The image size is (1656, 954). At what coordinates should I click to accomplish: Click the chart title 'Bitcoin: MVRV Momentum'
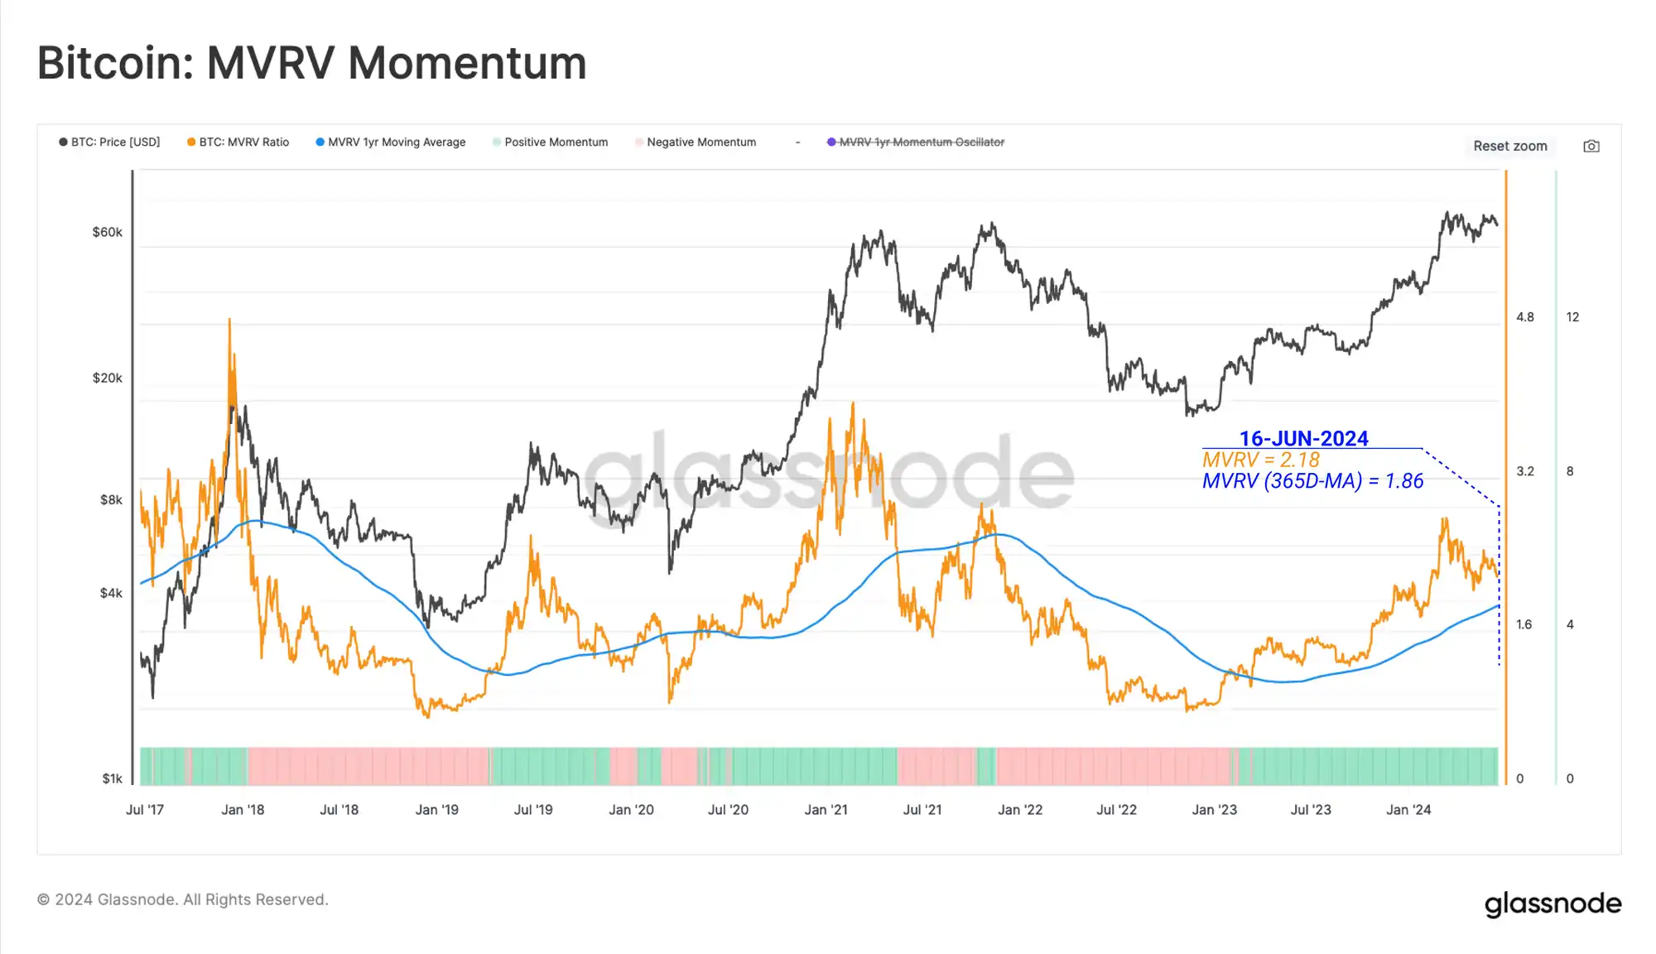click(x=311, y=63)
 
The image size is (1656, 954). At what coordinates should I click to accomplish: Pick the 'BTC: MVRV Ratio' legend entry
click(x=238, y=142)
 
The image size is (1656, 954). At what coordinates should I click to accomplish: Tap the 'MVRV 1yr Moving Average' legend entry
click(x=391, y=142)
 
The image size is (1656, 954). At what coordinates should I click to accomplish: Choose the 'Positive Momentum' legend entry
click(x=551, y=142)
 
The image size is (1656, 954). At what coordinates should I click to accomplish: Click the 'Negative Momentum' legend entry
click(x=696, y=142)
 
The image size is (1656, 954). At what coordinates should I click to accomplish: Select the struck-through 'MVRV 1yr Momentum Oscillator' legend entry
click(x=916, y=142)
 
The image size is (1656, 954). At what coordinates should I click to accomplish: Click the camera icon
click(x=1591, y=147)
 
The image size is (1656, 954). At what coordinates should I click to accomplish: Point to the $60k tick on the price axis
click(x=108, y=232)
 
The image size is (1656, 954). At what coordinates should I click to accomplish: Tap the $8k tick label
click(x=111, y=499)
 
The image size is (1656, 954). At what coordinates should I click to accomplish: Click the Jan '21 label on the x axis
click(x=826, y=810)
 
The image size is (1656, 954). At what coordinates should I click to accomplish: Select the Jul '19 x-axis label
click(x=533, y=810)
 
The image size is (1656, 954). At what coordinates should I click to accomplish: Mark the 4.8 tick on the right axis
click(x=1524, y=317)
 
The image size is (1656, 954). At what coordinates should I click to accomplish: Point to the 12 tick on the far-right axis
click(x=1572, y=317)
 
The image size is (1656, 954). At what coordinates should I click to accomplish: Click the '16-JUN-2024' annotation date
click(x=1303, y=438)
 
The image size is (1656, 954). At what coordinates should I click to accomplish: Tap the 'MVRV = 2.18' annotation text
click(x=1260, y=460)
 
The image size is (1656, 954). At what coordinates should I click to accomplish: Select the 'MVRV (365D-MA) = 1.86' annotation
click(x=1312, y=481)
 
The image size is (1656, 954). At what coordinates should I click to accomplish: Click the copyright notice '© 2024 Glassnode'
click(x=183, y=899)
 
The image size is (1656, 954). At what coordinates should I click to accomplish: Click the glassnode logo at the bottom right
click(x=1552, y=903)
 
